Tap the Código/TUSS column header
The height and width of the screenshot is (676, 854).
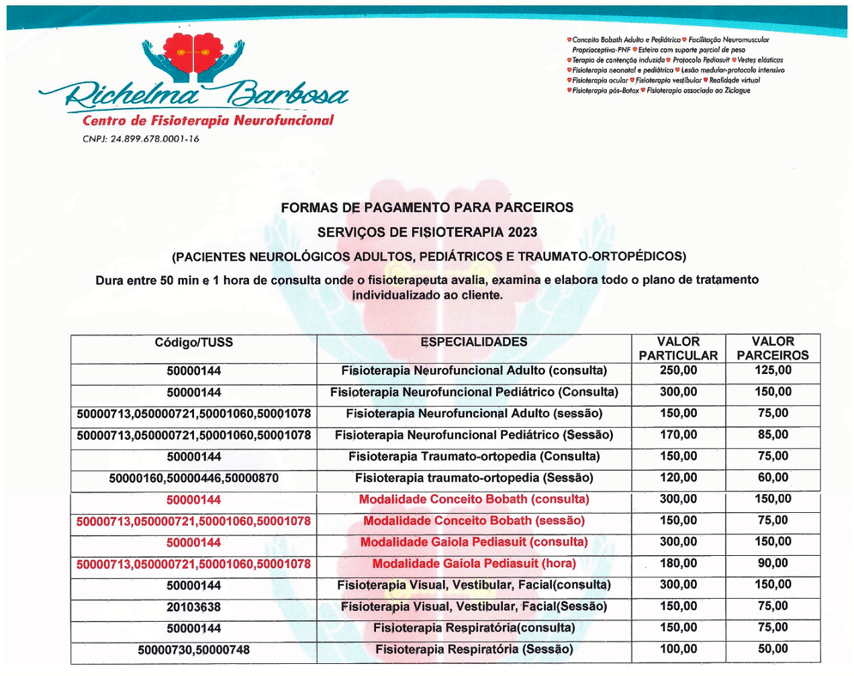coord(193,342)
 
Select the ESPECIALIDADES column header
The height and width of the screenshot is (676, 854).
coord(474,342)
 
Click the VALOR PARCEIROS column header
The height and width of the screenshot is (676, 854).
coord(773,348)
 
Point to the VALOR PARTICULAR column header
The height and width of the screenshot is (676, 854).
coord(678,348)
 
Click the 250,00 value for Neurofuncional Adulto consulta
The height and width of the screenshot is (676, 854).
coord(678,371)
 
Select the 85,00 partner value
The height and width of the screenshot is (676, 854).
coord(773,435)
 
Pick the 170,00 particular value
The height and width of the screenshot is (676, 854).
coord(678,435)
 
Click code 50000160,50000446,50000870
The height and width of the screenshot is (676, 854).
coord(193,479)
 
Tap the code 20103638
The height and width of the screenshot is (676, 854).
coord(193,608)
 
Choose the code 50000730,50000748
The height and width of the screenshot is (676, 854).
coord(193,650)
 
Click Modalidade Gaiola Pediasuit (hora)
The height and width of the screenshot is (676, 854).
coord(474,564)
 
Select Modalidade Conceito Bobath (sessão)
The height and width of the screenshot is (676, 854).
coord(474,521)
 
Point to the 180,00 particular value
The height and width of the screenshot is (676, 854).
coord(678,564)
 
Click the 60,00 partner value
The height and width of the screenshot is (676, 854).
coord(773,478)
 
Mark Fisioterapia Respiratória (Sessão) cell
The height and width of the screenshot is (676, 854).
coord(474,650)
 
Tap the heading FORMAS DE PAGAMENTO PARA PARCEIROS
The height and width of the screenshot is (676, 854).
coord(427,207)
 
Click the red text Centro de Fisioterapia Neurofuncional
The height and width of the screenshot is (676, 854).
coord(208,121)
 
